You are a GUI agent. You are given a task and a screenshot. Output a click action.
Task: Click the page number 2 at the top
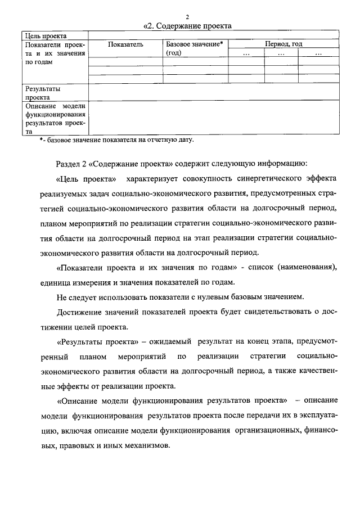188,16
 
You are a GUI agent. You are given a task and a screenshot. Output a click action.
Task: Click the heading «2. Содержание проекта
188,25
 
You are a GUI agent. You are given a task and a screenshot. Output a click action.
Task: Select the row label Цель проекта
42,35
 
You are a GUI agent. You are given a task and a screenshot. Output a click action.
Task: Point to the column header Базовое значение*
195,44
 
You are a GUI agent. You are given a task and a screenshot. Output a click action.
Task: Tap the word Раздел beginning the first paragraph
69,164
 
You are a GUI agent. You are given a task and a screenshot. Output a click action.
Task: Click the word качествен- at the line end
316,371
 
